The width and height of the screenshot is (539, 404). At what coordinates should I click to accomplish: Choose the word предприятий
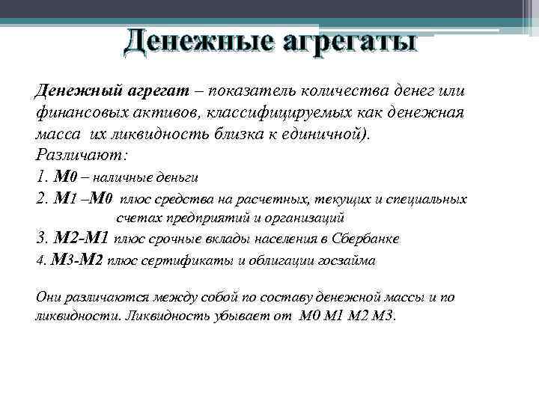[x=192, y=218]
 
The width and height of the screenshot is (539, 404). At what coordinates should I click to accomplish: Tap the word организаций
[x=304, y=218]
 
